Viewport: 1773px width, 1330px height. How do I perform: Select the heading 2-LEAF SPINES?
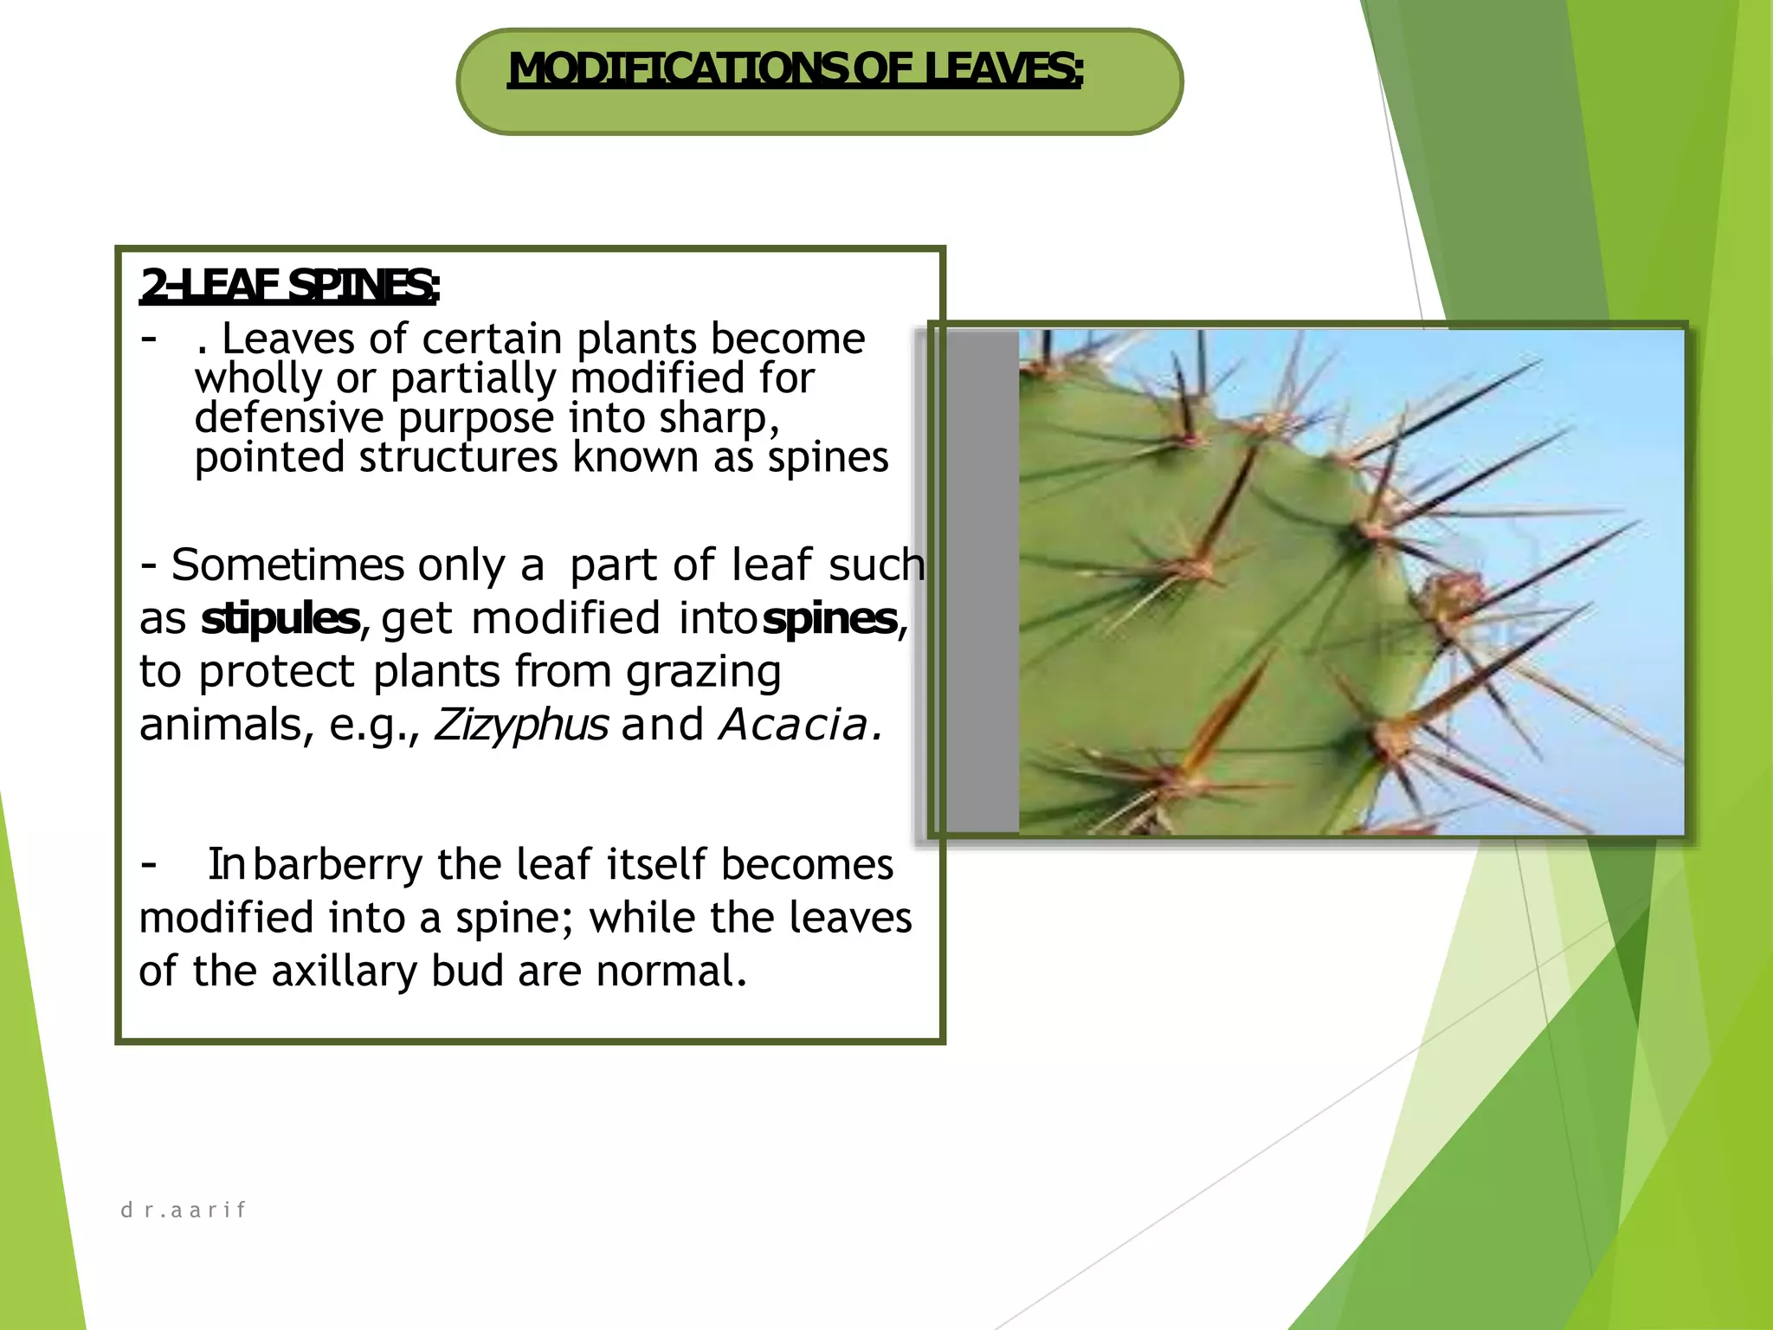tap(289, 286)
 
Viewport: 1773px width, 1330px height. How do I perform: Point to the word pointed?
tap(269, 457)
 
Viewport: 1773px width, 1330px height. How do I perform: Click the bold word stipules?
tap(280, 619)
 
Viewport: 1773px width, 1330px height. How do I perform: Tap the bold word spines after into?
tap(829, 619)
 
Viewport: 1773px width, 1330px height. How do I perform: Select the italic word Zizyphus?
tap(521, 725)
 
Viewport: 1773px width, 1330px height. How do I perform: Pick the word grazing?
tap(703, 673)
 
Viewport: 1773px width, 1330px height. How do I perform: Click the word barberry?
tap(338, 865)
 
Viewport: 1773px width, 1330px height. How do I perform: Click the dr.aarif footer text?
tap(184, 1210)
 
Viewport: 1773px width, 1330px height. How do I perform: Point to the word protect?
tap(276, 673)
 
